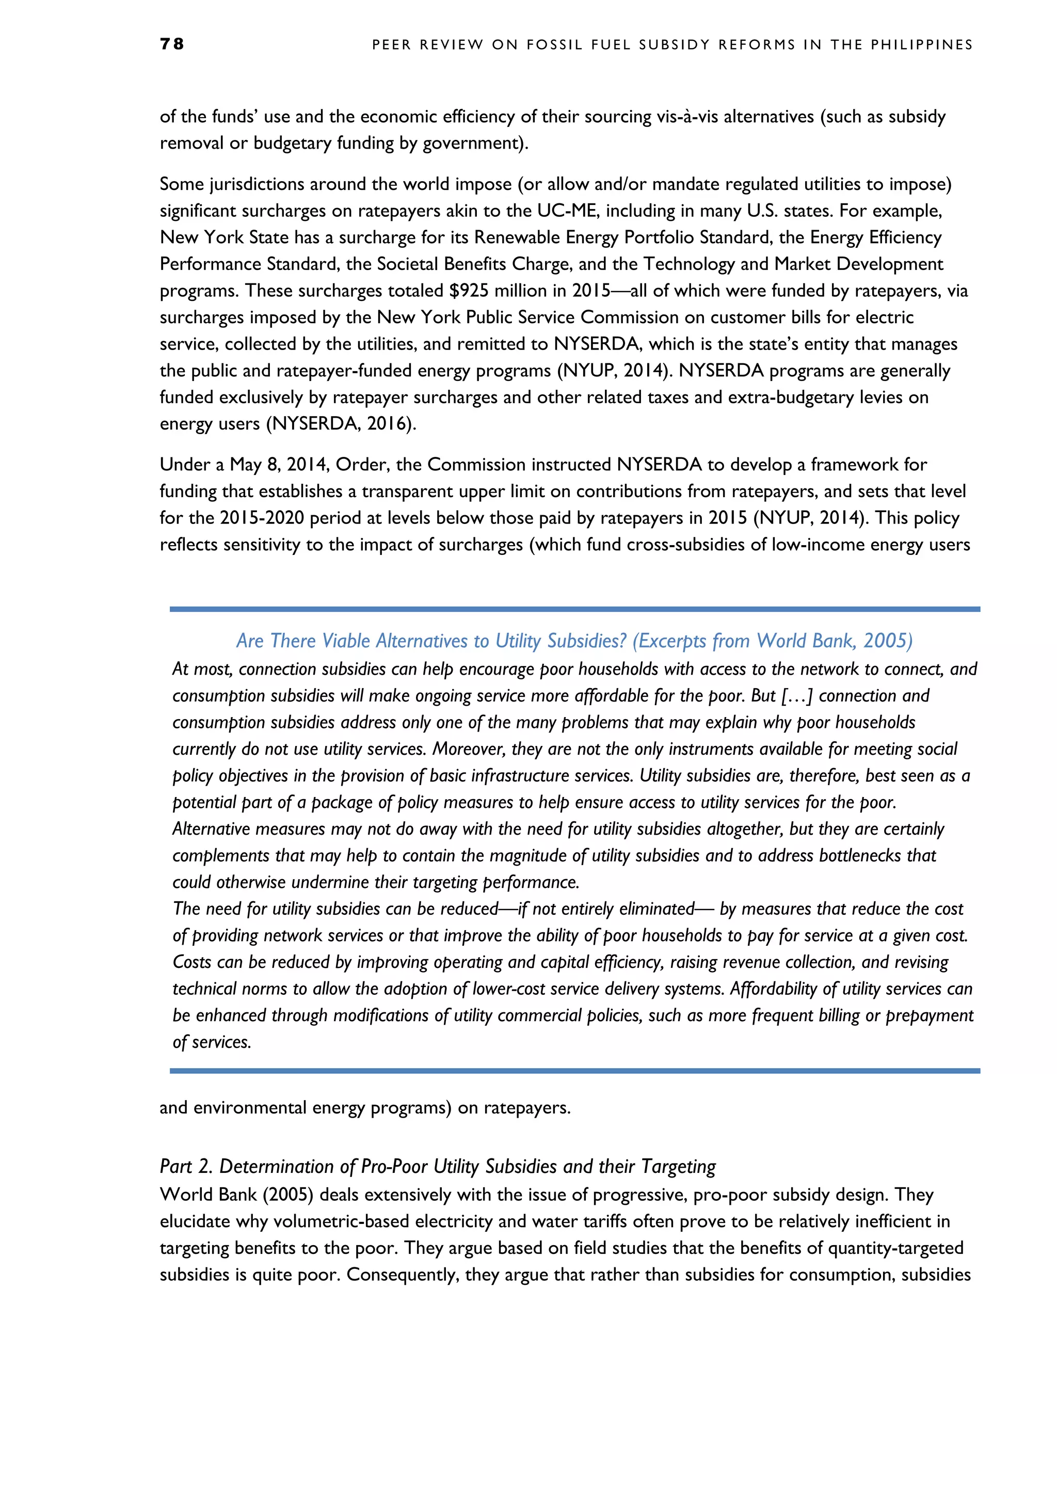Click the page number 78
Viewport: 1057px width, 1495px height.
click(172, 44)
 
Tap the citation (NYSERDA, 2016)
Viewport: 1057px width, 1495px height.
click(341, 424)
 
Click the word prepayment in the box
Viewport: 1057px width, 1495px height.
click(930, 1016)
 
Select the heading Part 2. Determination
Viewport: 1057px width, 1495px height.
click(437, 1166)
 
